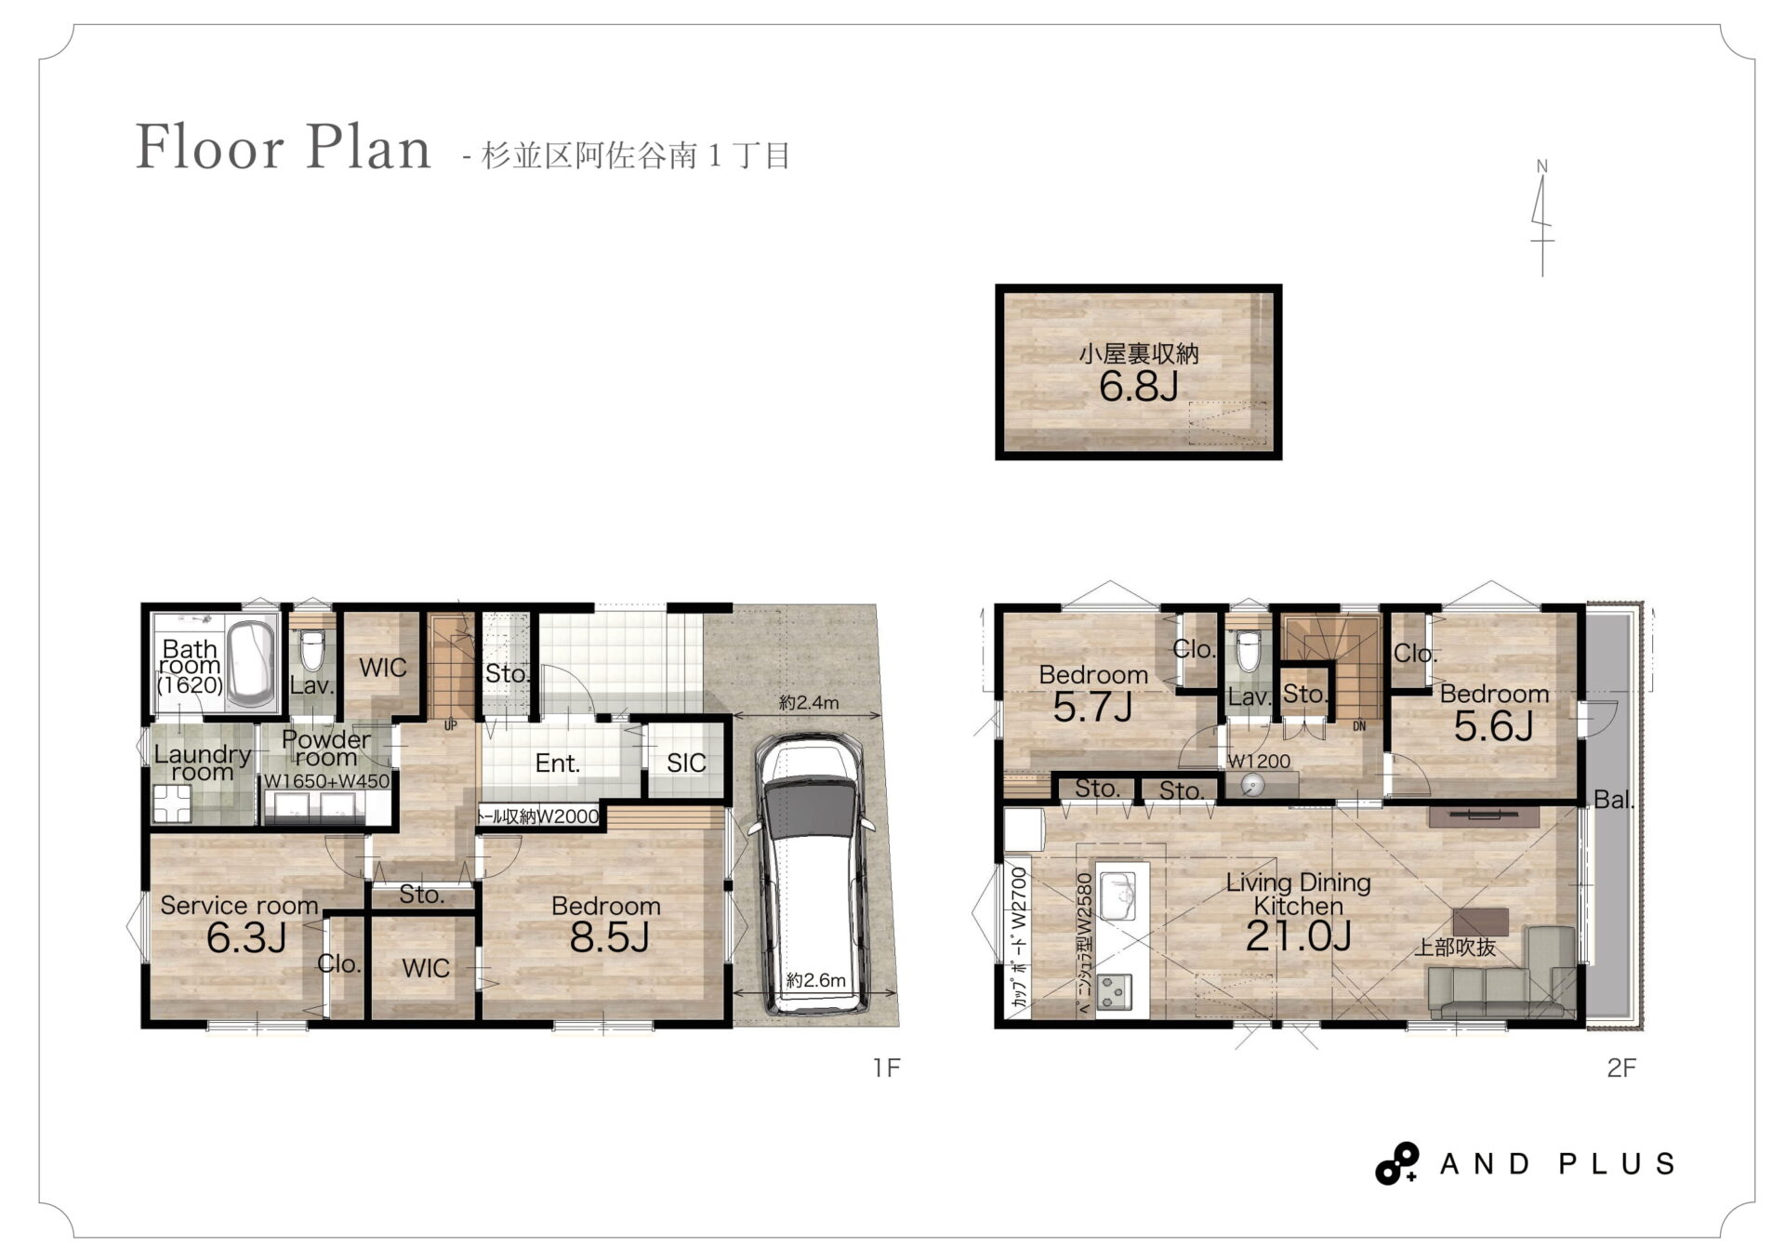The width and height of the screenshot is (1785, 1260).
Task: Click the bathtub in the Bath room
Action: pos(250,663)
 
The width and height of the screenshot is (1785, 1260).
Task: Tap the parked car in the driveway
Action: pos(813,874)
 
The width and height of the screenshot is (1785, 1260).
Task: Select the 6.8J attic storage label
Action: pos(1138,386)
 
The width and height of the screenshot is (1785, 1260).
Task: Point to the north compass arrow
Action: pos(1541,219)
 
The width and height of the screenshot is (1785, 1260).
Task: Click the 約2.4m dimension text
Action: pos(808,703)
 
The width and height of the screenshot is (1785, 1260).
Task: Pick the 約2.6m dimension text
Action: pos(815,980)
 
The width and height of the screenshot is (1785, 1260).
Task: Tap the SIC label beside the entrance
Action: pos(686,763)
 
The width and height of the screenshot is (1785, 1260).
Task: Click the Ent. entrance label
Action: pos(557,763)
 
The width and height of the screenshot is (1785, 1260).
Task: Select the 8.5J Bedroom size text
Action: pos(609,937)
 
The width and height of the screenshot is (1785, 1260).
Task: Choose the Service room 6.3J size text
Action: pos(245,938)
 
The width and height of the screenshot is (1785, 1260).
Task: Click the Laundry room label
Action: pos(203,763)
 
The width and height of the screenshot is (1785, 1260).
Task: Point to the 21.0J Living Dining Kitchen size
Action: pos(1298,935)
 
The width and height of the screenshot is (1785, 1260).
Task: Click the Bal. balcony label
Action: pos(1613,800)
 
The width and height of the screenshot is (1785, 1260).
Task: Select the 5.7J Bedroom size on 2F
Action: pos(1092,708)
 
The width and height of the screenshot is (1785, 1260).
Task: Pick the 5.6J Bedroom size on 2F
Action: pos(1493,726)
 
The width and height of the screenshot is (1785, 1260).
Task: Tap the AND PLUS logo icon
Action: pos(1396,1163)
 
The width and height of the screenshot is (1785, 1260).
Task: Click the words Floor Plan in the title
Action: pos(284,148)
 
